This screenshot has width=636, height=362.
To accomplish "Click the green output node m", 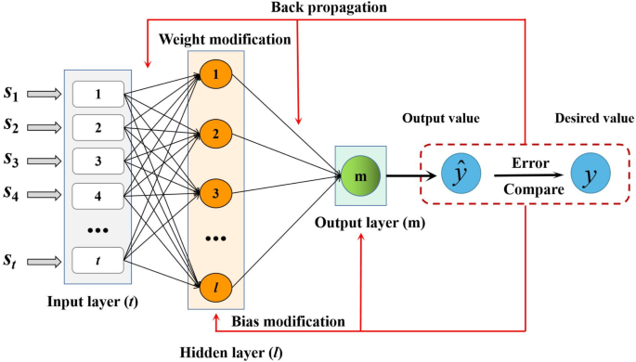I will click(x=360, y=174).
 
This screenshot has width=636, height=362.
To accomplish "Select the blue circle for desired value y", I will click(x=589, y=174).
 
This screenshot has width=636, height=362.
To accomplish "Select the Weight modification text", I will click(x=226, y=40).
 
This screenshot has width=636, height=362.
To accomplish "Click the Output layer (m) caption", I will click(x=362, y=223).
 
